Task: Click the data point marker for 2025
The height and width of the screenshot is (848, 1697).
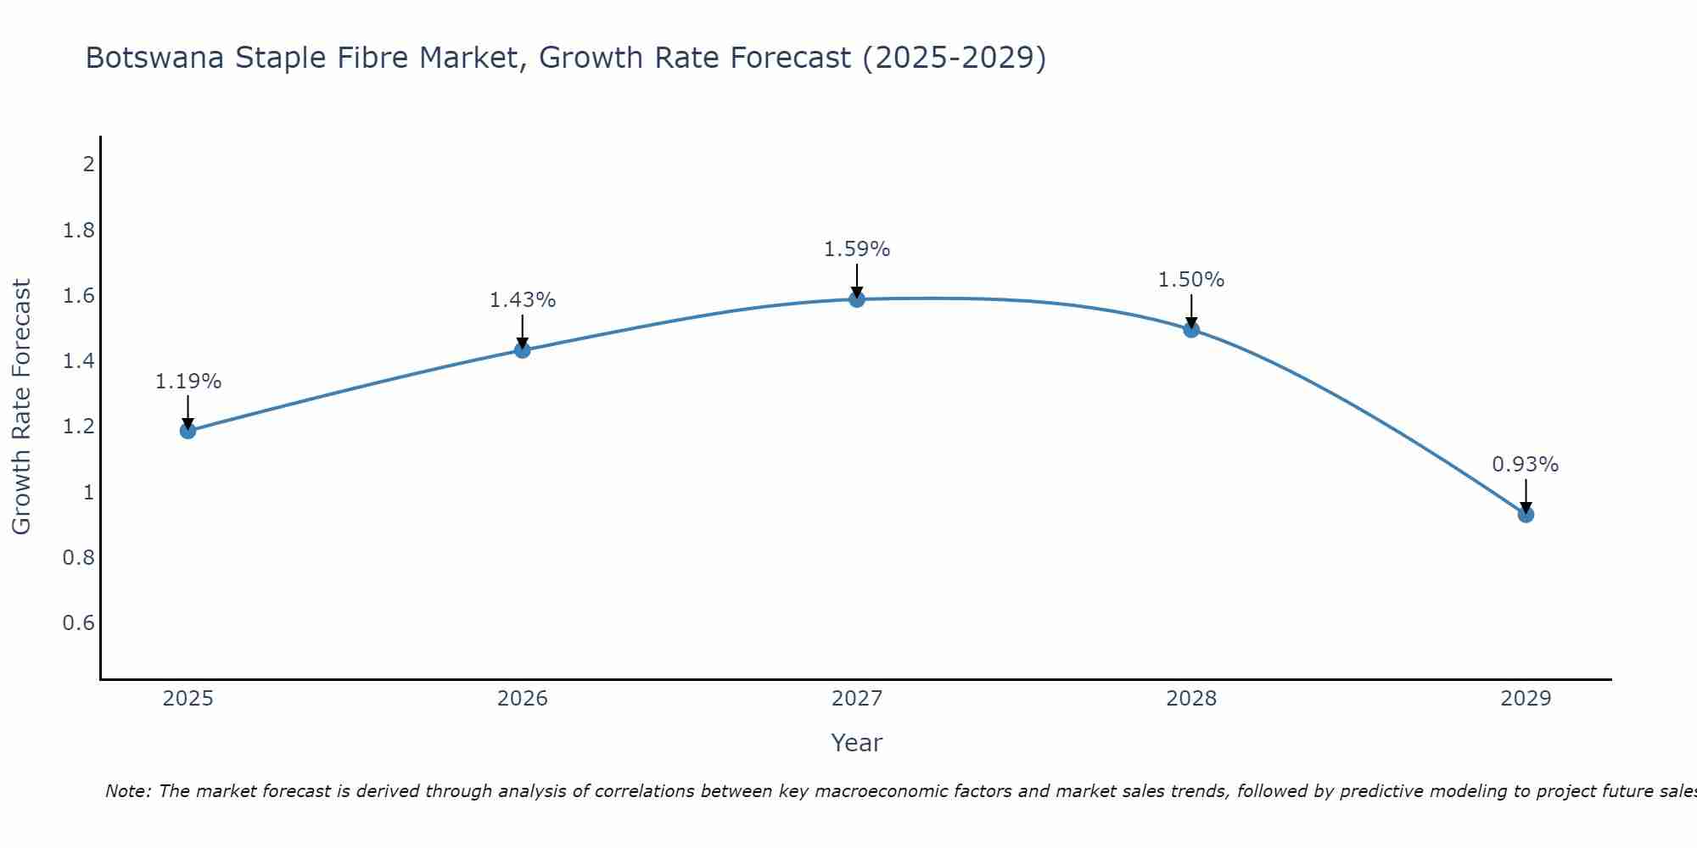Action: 188,431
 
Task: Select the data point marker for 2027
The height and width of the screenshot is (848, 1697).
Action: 857,298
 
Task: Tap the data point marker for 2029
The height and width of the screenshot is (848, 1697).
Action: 1526,515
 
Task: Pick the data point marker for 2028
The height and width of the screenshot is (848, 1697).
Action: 1191,329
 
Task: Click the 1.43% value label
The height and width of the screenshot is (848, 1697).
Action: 523,300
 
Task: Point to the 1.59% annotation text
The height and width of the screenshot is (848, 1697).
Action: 857,249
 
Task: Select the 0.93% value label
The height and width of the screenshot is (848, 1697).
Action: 1526,465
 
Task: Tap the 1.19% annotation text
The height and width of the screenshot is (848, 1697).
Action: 188,382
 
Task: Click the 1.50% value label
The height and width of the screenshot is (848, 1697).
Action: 1191,280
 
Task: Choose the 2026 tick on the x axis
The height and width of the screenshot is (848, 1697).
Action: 523,699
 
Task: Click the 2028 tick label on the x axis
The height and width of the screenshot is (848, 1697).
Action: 1191,699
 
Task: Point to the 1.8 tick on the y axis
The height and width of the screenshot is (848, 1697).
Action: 79,231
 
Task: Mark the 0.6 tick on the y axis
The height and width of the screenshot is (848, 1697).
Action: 79,623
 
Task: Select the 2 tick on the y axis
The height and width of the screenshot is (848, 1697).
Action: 88,165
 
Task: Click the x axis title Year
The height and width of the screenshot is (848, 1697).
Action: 857,743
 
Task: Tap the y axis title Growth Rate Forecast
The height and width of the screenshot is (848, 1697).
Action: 21,407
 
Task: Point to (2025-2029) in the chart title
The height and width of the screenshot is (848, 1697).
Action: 954,58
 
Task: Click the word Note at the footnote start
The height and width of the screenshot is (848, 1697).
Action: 127,791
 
